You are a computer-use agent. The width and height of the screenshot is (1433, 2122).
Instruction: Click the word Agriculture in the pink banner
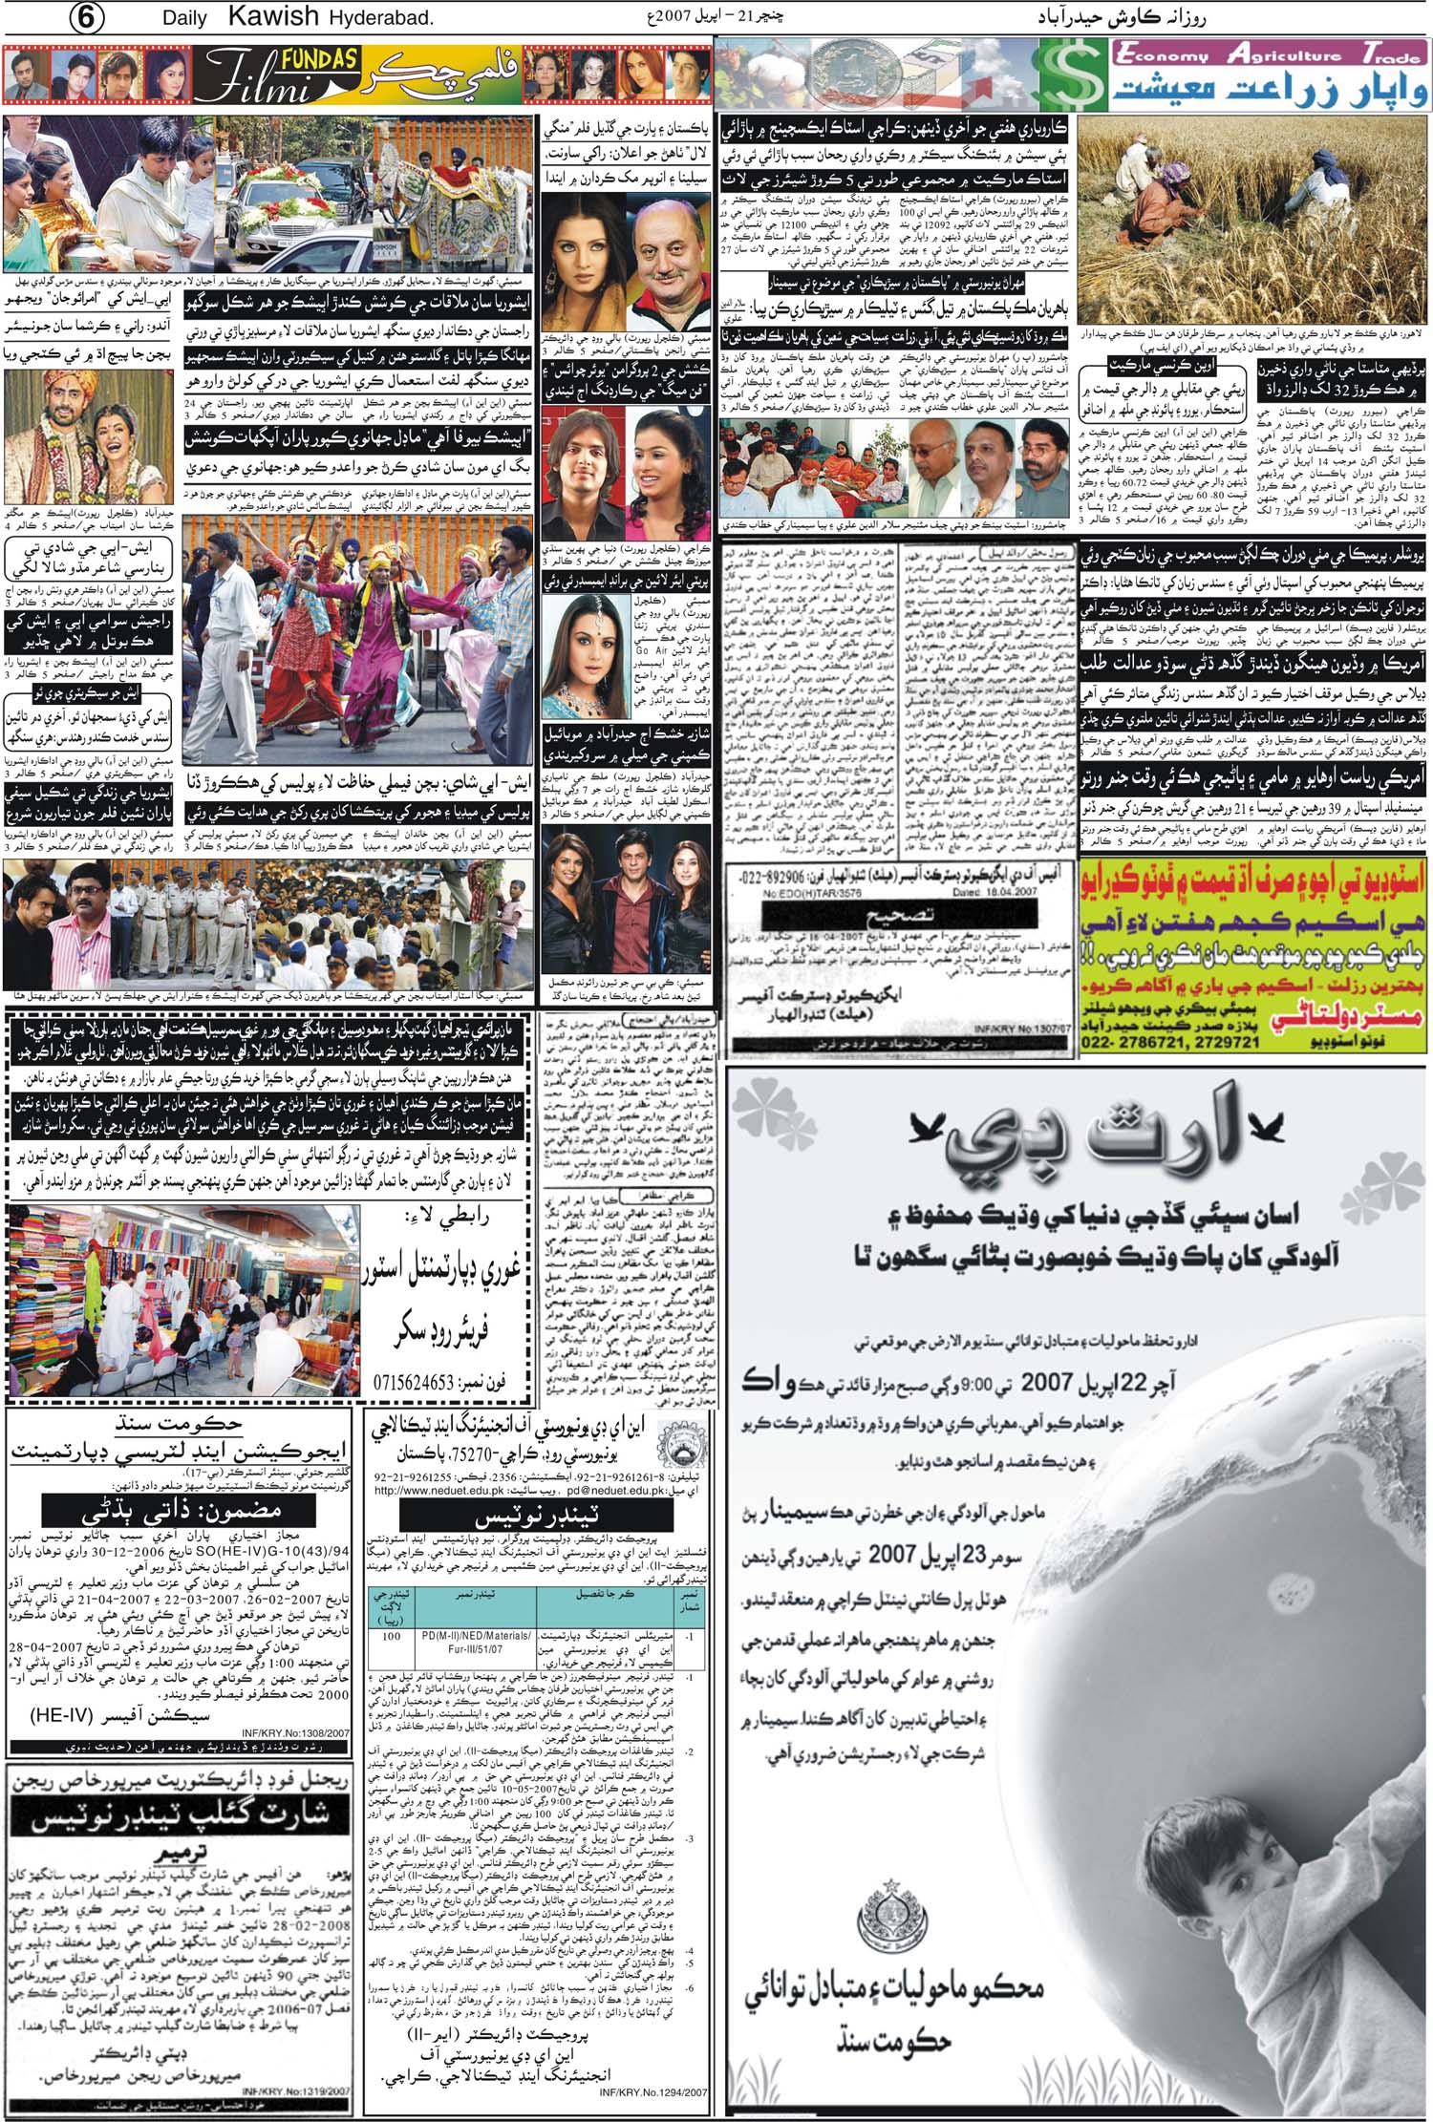[x=1283, y=54]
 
